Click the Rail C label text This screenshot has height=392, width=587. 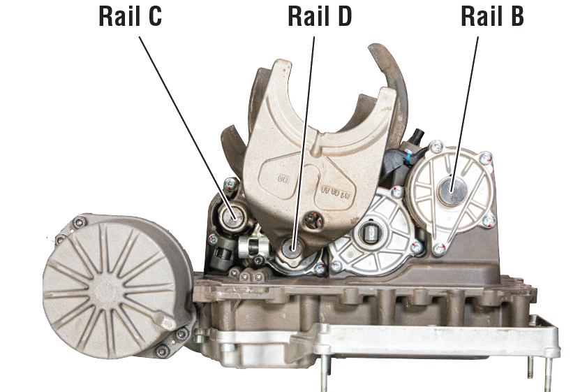[131, 17]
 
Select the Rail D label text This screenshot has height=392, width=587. [320, 17]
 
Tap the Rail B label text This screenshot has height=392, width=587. [492, 17]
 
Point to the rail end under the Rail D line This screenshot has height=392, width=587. [291, 247]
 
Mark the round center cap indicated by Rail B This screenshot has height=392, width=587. [451, 187]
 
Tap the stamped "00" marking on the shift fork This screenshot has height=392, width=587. [283, 179]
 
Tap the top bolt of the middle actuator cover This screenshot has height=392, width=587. [397, 190]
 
